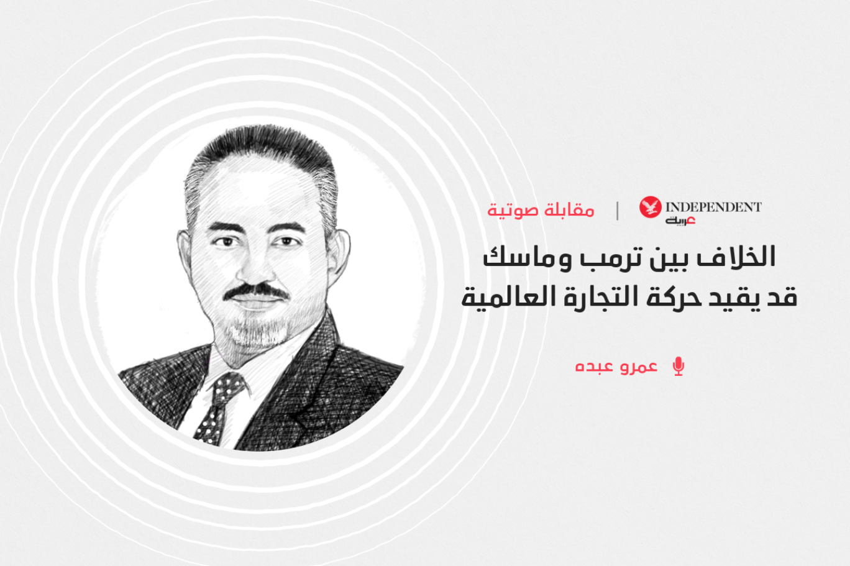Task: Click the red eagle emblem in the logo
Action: (x=651, y=207)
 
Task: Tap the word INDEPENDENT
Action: (x=714, y=207)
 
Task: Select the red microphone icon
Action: (x=679, y=367)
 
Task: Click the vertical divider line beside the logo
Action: (x=618, y=211)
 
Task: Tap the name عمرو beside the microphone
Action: (x=639, y=367)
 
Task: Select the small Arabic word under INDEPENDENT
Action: (x=680, y=221)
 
